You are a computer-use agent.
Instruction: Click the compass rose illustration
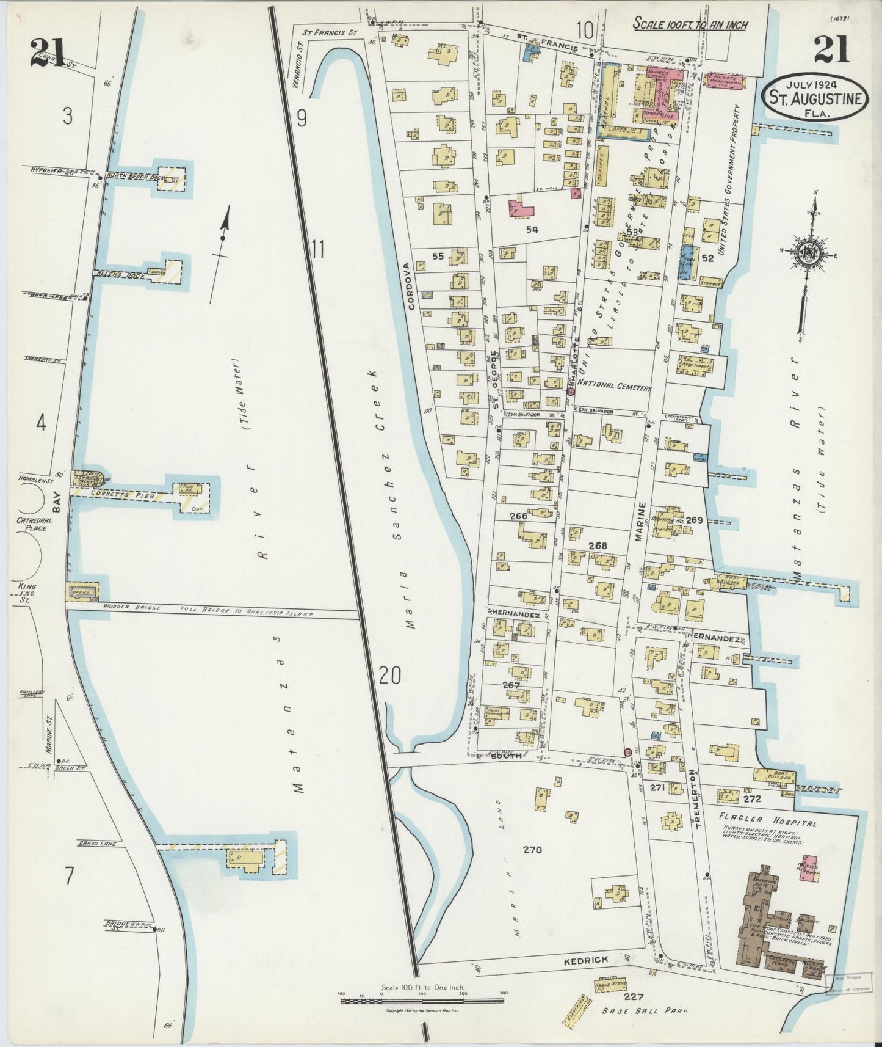[812, 256]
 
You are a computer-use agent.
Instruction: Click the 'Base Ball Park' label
[644, 1010]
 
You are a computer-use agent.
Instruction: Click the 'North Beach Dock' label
[130, 174]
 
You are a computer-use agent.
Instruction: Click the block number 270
[532, 849]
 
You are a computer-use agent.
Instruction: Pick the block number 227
[634, 996]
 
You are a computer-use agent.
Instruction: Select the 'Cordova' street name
[411, 286]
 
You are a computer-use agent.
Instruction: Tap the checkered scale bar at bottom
[421, 1000]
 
